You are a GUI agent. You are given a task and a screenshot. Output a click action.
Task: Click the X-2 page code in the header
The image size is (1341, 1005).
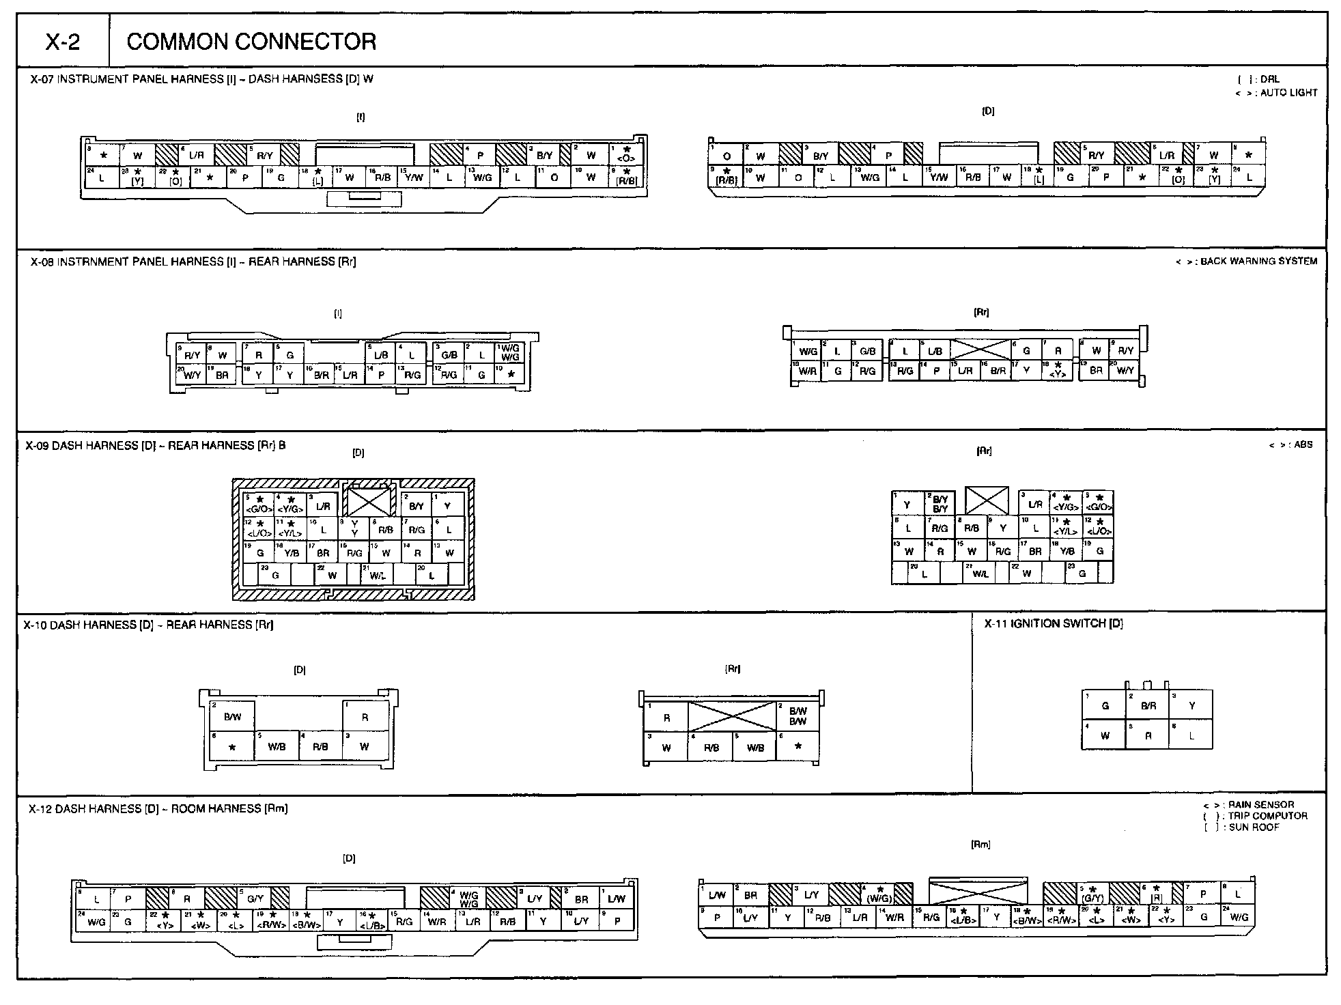[63, 42]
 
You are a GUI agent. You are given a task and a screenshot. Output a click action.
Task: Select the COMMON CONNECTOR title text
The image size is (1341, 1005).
[251, 42]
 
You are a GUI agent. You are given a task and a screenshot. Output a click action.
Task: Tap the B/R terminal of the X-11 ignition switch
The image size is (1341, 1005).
[1148, 705]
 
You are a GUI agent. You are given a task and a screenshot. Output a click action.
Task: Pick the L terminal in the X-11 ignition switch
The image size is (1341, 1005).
[1191, 735]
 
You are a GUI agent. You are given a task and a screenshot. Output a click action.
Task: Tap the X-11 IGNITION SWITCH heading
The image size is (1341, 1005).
[1054, 623]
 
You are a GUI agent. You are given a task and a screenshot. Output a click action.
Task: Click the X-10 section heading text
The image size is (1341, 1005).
[149, 625]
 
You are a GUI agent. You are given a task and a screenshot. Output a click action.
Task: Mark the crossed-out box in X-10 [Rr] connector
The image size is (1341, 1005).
[731, 717]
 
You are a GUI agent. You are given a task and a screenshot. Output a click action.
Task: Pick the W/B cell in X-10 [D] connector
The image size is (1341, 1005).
[277, 746]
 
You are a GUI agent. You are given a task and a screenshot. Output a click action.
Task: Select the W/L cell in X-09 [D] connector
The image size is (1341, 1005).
[377, 576]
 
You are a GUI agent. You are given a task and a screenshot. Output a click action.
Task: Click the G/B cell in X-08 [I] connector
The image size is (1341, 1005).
[449, 354]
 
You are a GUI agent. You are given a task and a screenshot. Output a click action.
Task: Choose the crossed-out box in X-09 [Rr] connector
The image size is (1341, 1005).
[986, 500]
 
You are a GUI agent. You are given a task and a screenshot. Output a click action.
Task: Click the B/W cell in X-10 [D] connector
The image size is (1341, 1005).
[233, 717]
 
